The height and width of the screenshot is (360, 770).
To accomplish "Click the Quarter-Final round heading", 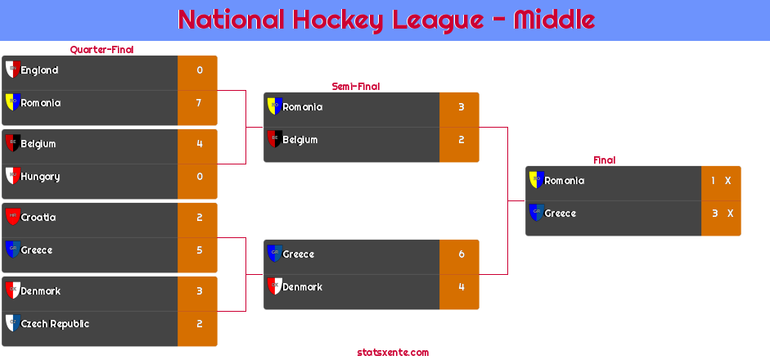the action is (x=101, y=50).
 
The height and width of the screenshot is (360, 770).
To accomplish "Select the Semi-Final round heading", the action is (x=356, y=87).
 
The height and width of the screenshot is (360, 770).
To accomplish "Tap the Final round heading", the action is (x=605, y=160).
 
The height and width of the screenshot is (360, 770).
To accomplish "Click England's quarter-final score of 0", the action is (x=200, y=70).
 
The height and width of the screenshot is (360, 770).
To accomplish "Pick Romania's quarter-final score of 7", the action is (x=199, y=103).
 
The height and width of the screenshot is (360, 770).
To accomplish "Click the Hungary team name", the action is (x=40, y=177).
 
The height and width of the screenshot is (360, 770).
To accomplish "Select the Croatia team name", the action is (x=38, y=218).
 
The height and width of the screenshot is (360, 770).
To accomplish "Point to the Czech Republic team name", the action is (x=55, y=324).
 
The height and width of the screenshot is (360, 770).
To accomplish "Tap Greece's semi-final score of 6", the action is (x=462, y=254).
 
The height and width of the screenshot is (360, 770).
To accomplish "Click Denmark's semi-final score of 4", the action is (x=462, y=287).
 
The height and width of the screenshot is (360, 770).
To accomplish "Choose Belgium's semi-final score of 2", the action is (x=462, y=140).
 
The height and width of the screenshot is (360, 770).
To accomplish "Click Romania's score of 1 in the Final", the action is (x=713, y=181).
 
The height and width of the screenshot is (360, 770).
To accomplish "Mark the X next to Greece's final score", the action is (x=730, y=214).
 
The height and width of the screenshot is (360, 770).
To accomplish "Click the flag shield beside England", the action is (x=13, y=70).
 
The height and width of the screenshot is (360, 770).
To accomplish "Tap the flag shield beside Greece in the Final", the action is (x=537, y=213).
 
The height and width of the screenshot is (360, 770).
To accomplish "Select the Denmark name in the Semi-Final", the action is (x=303, y=287).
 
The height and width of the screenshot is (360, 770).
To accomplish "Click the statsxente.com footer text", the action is (x=393, y=353).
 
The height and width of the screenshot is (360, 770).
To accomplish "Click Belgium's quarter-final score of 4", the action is (x=200, y=144).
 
